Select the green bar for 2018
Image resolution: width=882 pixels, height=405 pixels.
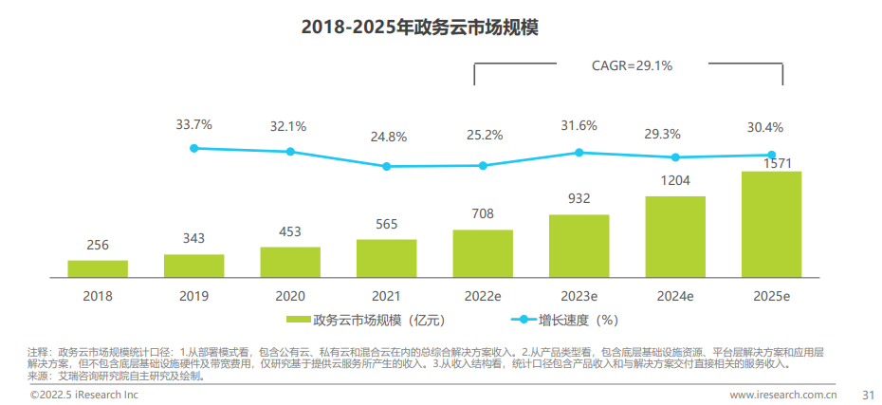(x=98, y=268)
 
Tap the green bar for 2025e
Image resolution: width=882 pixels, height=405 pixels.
(x=771, y=225)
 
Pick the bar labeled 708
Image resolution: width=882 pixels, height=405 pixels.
(x=483, y=253)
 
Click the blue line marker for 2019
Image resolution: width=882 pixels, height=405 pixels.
(x=194, y=148)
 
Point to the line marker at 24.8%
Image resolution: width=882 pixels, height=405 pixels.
(x=387, y=166)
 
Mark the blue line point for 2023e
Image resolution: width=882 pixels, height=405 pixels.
(x=579, y=152)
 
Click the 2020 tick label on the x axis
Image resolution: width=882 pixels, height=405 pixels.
(x=290, y=296)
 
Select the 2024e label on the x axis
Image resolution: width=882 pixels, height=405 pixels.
(x=674, y=296)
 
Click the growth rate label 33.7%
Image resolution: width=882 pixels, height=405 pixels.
(x=194, y=124)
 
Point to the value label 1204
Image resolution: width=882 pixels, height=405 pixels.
(x=674, y=180)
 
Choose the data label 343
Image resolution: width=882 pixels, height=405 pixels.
(x=193, y=238)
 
